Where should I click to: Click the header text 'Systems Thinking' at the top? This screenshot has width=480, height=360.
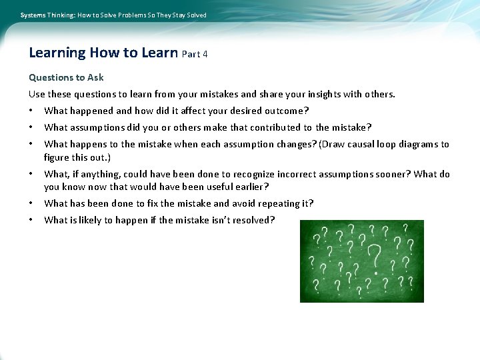pyautogui.click(x=47, y=15)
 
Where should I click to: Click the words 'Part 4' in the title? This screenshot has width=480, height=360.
pyautogui.click(x=195, y=54)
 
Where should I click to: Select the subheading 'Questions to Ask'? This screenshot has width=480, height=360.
pyautogui.click(x=66, y=77)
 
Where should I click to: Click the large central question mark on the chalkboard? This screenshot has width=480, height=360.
pyautogui.click(x=375, y=257)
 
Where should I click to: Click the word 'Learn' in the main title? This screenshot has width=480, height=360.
pyautogui.click(x=159, y=53)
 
